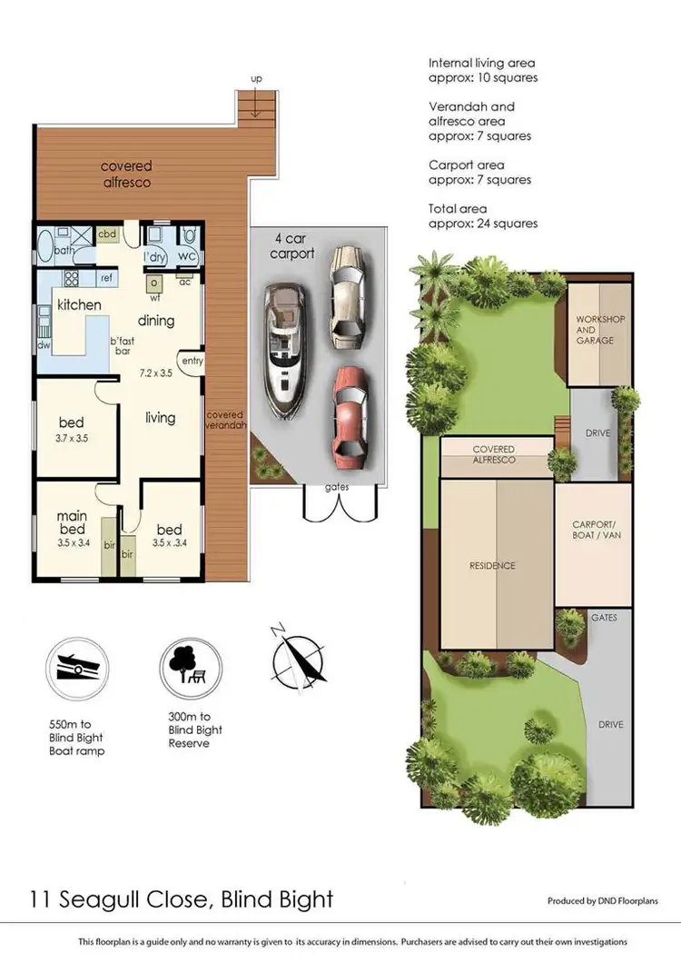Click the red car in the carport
pyautogui.click(x=349, y=413)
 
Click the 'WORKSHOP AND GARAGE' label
pyautogui.click(x=596, y=330)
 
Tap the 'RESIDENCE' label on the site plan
pyautogui.click(x=492, y=566)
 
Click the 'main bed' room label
pyautogui.click(x=73, y=524)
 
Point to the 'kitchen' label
pyautogui.click(x=80, y=305)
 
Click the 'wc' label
pyautogui.click(x=189, y=256)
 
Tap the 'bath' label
pyautogui.click(x=64, y=250)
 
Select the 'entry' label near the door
pyautogui.click(x=192, y=361)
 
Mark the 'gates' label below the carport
pyautogui.click(x=337, y=488)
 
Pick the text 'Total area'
pyautogui.click(x=458, y=209)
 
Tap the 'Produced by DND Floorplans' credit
pyautogui.click(x=602, y=901)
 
